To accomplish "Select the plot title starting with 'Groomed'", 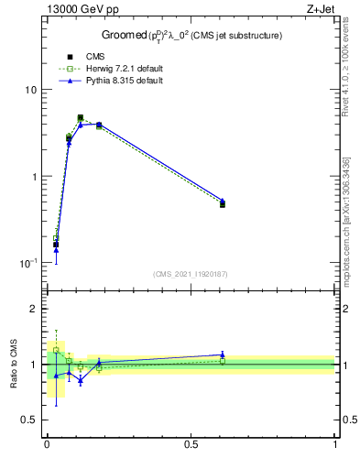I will point(191,36).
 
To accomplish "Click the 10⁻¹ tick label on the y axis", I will point(27,263).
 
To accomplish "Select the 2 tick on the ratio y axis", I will point(33,309).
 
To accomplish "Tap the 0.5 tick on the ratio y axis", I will point(28,420).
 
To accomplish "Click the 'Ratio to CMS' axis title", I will point(14,364).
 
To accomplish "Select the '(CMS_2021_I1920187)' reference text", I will point(191,274).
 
